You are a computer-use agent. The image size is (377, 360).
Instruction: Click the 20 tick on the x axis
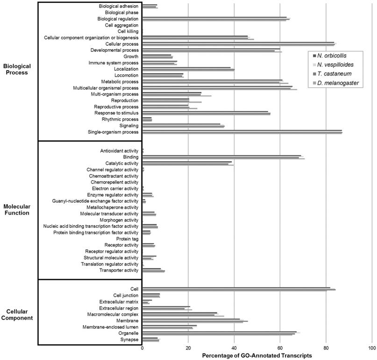click(188, 348)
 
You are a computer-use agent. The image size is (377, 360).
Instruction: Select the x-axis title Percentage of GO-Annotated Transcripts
click(257, 356)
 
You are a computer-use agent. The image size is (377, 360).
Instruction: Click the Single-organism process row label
click(113, 132)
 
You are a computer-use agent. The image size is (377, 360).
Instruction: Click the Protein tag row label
click(127, 239)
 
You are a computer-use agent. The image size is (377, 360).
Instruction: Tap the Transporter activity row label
click(119, 270)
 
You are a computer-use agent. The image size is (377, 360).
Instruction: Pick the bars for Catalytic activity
click(187, 163)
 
